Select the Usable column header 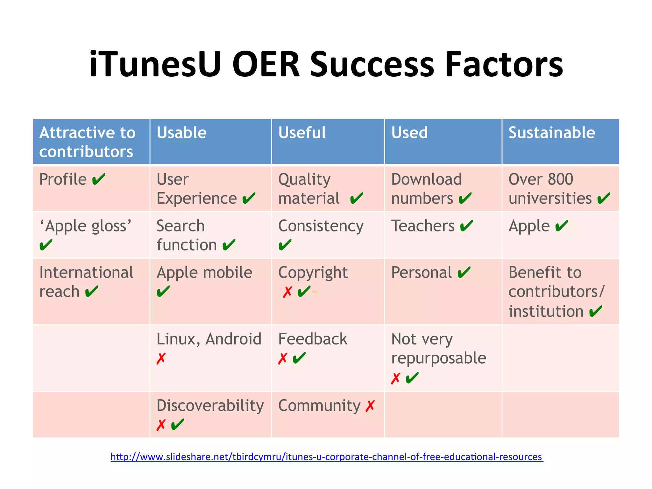[x=181, y=133]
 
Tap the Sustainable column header [x=551, y=133]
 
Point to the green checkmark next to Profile [x=98, y=180]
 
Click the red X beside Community [x=370, y=406]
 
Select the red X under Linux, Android [x=161, y=358]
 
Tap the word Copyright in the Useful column [x=313, y=273]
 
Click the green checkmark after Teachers [x=467, y=226]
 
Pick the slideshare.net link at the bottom [x=327, y=457]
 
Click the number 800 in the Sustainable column [x=560, y=179]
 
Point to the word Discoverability [x=210, y=406]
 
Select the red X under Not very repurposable [x=395, y=379]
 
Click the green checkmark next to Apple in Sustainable [x=562, y=226]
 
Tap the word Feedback [x=313, y=339]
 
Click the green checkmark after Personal [x=464, y=273]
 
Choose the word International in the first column [x=86, y=273]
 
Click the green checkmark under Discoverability [x=177, y=425]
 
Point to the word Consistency [x=321, y=226]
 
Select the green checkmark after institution [x=596, y=312]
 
